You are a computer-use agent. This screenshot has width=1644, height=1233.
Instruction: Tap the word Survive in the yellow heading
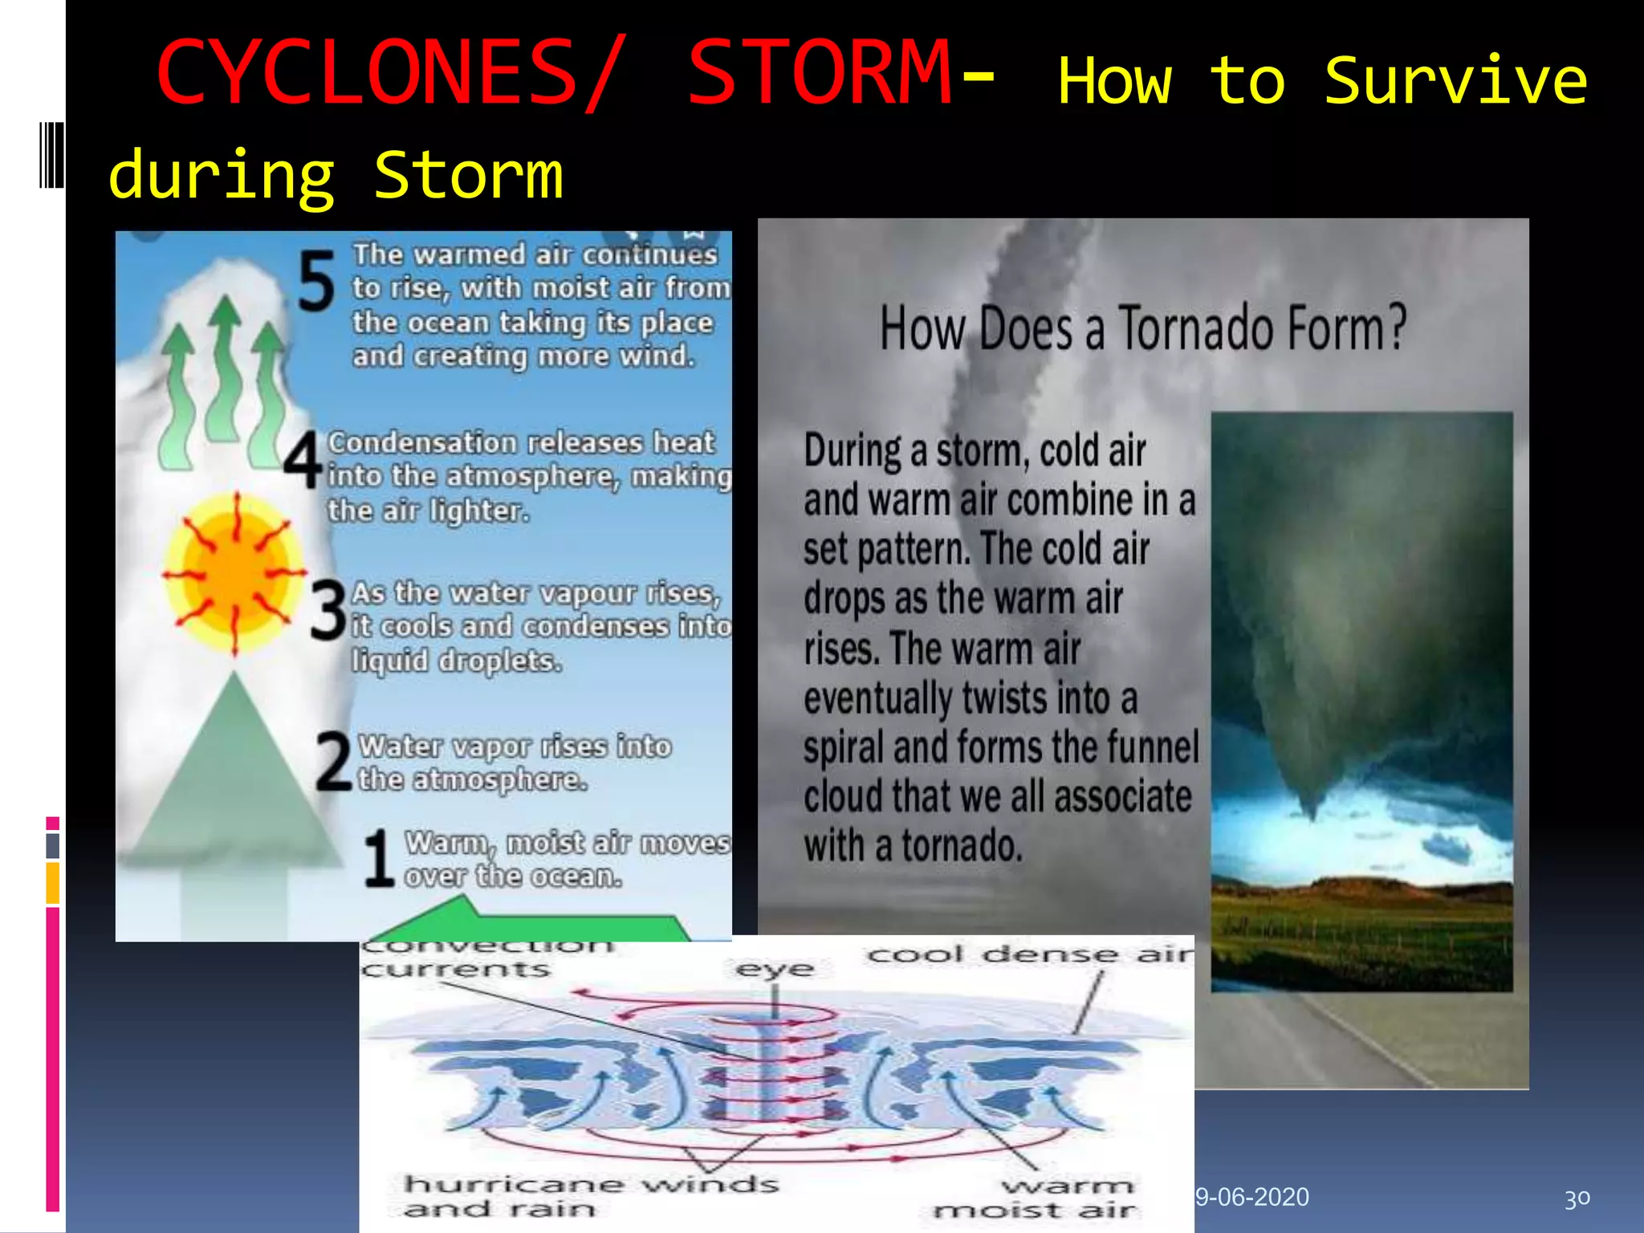pos(1455,82)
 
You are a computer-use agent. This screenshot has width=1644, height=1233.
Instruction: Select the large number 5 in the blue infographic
pos(315,281)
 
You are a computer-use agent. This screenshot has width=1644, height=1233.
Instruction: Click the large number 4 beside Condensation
pos(303,460)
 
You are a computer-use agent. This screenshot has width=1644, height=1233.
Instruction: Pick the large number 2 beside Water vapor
pos(334,762)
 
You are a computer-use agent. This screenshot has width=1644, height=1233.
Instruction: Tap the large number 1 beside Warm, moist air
pos(378,859)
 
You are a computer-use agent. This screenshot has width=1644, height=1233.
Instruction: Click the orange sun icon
pos(234,574)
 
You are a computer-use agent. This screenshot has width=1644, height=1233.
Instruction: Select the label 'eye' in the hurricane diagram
pos(774,969)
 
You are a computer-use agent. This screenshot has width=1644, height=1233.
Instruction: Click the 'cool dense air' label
pos(1030,954)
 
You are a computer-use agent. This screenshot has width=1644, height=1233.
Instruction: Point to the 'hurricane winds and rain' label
pos(590,1196)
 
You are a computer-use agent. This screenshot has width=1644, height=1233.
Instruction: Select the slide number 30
pos(1577,1198)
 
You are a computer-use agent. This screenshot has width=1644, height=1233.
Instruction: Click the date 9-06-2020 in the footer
pos(1252,1197)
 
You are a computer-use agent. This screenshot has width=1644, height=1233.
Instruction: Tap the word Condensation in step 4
pos(422,442)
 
